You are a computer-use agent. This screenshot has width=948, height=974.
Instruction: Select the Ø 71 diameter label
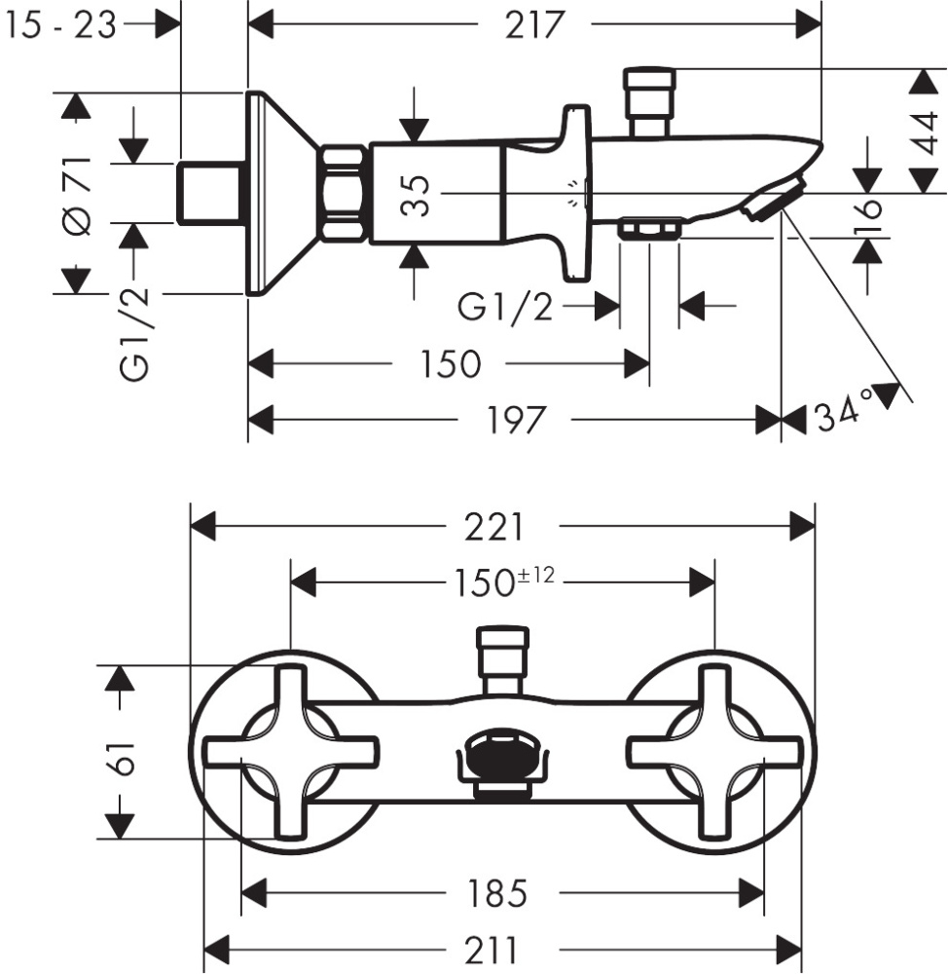point(77,194)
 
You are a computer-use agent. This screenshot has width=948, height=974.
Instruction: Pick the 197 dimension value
point(514,421)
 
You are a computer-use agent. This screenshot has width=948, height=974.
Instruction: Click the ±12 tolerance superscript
point(535,575)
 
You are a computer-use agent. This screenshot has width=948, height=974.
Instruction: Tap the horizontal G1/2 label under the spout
point(505,308)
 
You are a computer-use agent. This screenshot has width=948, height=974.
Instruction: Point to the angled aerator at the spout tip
point(771,200)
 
